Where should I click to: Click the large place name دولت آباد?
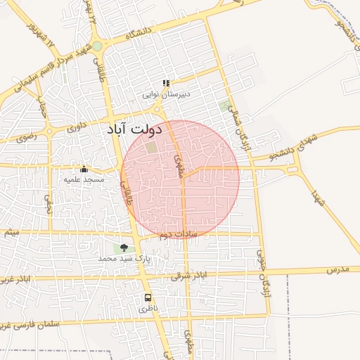click(x=135, y=129)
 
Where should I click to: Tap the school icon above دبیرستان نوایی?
click(x=167, y=83)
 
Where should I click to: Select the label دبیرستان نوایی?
click(x=167, y=94)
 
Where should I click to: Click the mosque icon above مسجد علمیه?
click(x=84, y=169)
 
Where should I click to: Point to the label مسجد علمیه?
click(x=84, y=179)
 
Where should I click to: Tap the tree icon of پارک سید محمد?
click(x=124, y=247)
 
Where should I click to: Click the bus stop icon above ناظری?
click(x=148, y=297)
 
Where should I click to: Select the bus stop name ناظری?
click(x=148, y=309)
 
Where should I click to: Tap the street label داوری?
click(x=74, y=129)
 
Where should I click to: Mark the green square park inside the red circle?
click(x=151, y=147)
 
